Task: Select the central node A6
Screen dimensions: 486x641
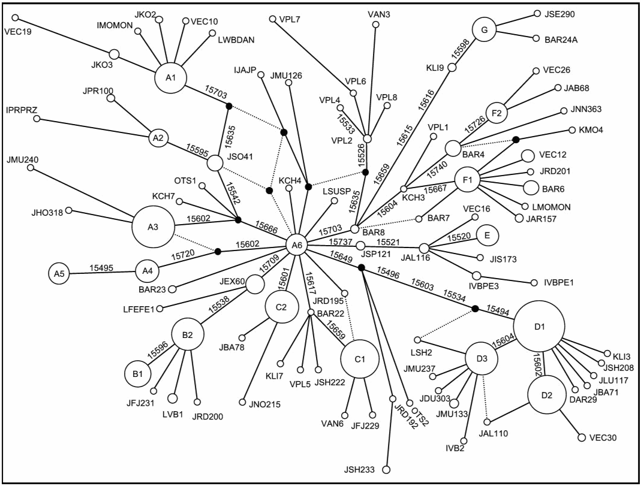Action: coord(297,244)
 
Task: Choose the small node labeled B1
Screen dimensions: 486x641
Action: coord(137,373)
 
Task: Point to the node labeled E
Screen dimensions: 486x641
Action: coord(487,236)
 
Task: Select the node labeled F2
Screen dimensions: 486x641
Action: coord(496,112)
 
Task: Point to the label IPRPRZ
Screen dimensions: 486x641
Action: coord(20,111)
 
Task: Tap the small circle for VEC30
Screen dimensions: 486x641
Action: coord(581,438)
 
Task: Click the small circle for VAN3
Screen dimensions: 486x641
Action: coord(375,25)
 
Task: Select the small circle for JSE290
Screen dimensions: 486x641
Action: coord(537,13)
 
